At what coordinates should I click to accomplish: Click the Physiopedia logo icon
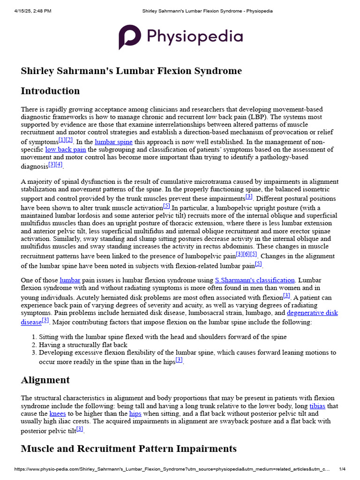pos(129,37)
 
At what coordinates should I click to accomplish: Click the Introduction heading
pos(50,91)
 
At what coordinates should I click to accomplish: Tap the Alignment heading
pos(45,380)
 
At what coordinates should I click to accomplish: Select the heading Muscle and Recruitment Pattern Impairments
pos(128,449)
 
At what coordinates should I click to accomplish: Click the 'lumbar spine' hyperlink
pos(113,142)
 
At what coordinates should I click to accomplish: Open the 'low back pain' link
pos(65,150)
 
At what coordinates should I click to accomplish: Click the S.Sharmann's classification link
pos(255,280)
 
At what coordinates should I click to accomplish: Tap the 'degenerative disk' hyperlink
pos(312,313)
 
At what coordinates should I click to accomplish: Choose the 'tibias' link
pos(317,406)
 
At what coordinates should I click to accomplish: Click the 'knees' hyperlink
pos(58,414)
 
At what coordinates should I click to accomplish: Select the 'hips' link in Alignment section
pos(135,414)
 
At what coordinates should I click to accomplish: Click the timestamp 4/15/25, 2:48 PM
pos(32,11)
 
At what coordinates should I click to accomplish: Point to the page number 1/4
pos(343,469)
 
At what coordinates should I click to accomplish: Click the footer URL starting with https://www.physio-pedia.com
pos(172,469)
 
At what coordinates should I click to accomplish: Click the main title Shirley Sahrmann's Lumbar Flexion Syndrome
pos(131,71)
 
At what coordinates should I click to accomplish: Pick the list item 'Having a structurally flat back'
pos(83,345)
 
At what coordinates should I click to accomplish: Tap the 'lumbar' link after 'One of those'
pos(70,280)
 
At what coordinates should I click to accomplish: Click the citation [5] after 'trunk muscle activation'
pos(166,206)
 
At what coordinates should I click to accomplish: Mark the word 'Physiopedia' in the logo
pos(195,37)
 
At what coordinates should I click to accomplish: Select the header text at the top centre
pos(207,11)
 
